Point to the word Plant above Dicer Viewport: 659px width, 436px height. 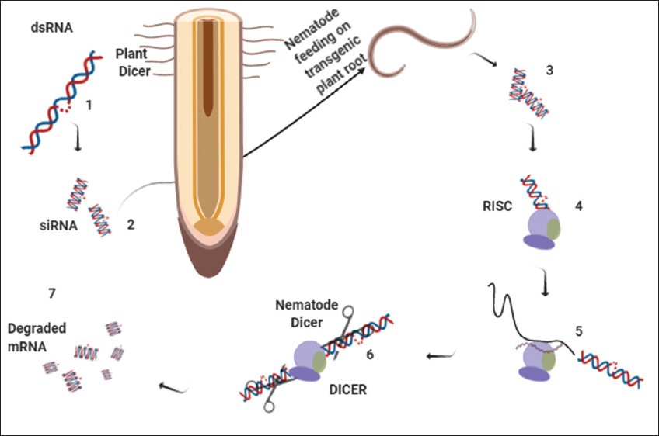(133, 55)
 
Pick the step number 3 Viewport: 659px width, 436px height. (549, 71)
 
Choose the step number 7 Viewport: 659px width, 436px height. (51, 293)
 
